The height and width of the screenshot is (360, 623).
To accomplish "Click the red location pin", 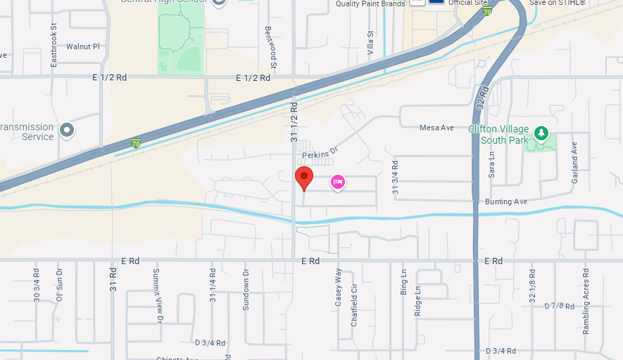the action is coord(303,178).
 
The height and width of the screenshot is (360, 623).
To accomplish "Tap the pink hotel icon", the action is coord(338,182).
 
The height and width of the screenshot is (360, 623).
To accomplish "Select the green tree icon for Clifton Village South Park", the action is coord(541,133).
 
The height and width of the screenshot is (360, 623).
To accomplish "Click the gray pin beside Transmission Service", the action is coord(67,130).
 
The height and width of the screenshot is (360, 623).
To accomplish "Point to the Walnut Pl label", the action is coord(83,46).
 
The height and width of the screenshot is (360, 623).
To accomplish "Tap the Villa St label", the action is coord(370,43).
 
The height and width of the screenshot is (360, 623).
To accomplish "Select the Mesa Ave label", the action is coord(436,128).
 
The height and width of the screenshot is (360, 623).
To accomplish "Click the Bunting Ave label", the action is coord(505,201).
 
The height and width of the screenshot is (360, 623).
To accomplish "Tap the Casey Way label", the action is coord(338,287).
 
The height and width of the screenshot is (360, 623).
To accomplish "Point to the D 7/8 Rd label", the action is coord(560,306).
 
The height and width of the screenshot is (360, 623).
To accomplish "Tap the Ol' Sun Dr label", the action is coord(60,284).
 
